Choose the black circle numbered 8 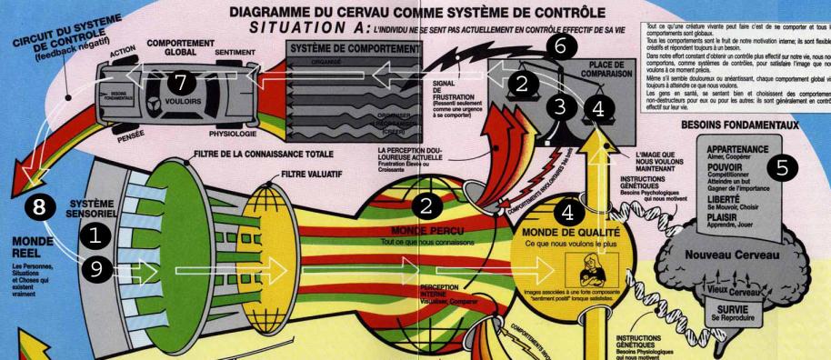(35, 205)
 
